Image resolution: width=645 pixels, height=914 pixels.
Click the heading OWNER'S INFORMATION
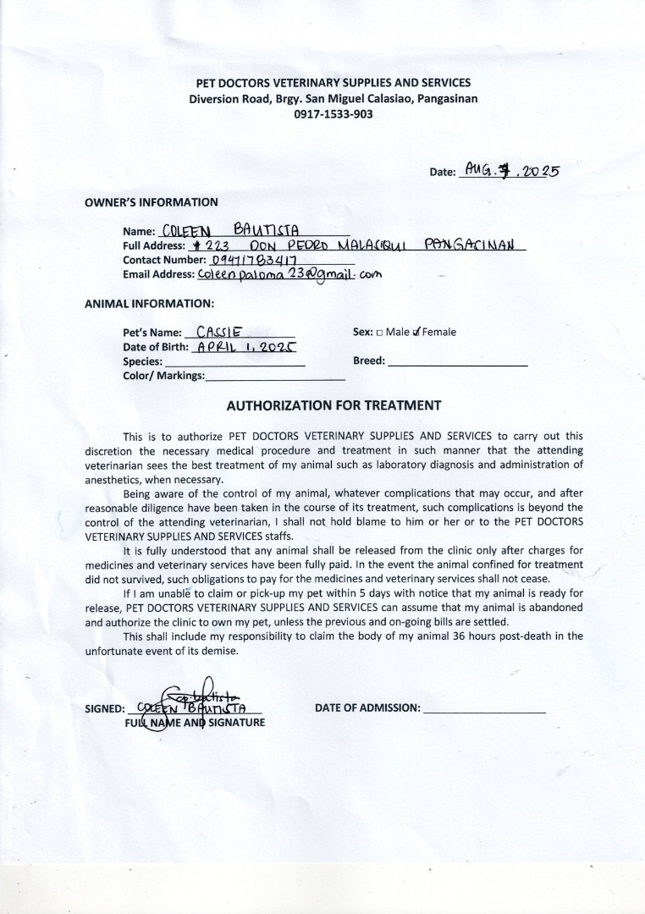tap(152, 201)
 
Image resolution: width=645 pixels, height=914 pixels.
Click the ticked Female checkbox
tap(416, 333)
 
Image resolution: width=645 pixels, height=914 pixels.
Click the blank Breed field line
tap(457, 364)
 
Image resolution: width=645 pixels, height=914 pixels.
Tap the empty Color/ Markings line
tap(263, 378)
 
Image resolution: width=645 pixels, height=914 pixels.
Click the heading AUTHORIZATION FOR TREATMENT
tap(334, 405)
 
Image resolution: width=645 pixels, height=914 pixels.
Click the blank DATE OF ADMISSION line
tap(484, 712)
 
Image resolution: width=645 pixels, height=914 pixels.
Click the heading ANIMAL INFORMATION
tap(149, 303)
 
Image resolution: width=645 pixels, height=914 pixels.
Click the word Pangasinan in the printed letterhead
tap(441, 98)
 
